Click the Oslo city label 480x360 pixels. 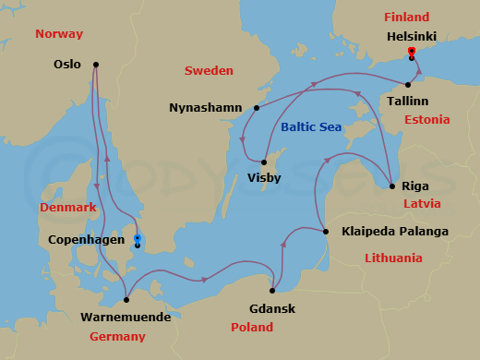(68, 65)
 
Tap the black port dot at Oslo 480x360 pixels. (96, 65)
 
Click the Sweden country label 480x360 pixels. (209, 71)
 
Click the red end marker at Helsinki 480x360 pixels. (411, 52)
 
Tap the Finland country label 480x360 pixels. (407, 18)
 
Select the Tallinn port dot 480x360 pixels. (408, 84)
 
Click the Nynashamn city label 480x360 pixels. (208, 108)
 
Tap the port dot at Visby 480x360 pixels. (264, 162)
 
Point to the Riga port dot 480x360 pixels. (391, 186)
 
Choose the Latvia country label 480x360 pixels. (422, 203)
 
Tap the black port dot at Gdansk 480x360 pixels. (273, 289)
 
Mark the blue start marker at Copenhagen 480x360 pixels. (137, 238)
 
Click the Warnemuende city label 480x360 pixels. (125, 317)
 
